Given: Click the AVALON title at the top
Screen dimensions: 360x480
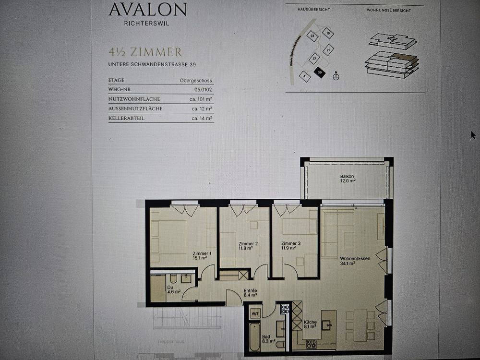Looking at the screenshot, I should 147,10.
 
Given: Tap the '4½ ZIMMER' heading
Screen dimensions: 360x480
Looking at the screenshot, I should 145,52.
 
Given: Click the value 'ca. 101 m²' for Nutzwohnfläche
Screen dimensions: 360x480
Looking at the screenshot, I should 202,99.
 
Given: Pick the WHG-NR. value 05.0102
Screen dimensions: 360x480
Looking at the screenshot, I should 203,90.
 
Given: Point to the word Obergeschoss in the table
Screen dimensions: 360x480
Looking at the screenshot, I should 196,81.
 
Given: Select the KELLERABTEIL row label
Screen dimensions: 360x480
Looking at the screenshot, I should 126,118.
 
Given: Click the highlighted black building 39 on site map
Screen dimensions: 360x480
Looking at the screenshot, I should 320,73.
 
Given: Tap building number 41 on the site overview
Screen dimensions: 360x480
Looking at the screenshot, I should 304,75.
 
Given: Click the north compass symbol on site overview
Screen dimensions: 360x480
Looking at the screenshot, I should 336,76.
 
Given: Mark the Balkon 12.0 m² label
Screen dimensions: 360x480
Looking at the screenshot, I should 348,179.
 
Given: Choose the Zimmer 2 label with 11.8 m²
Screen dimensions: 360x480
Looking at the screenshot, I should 248,246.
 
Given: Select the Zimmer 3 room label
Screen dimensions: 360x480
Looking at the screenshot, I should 291,246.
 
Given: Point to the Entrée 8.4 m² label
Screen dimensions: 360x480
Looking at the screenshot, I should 250,293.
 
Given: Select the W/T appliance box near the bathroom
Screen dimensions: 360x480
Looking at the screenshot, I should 255,312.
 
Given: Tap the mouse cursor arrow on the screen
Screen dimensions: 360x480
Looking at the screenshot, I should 473,135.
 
